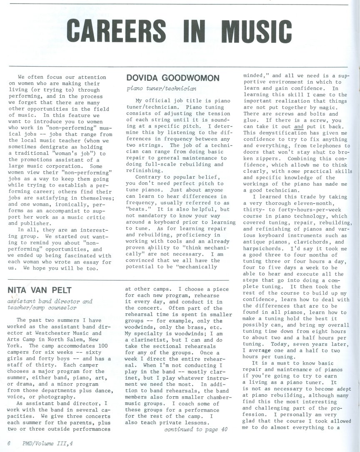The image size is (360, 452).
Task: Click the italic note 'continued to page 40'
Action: coord(195,429)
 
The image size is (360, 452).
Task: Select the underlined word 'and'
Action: coord(298,127)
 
